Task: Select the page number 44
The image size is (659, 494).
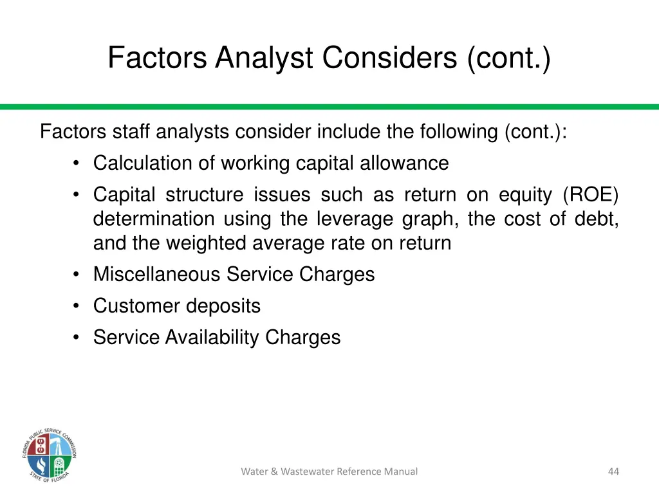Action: [613, 471]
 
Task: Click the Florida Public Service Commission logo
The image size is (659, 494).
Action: [48, 455]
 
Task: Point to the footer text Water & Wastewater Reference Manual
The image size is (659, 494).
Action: [329, 471]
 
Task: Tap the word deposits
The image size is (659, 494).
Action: [223, 306]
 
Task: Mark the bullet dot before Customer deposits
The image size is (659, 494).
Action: [77, 306]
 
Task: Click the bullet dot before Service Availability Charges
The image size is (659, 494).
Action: [77, 337]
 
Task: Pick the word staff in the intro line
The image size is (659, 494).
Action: [131, 132]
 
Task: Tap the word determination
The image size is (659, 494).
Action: [153, 219]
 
